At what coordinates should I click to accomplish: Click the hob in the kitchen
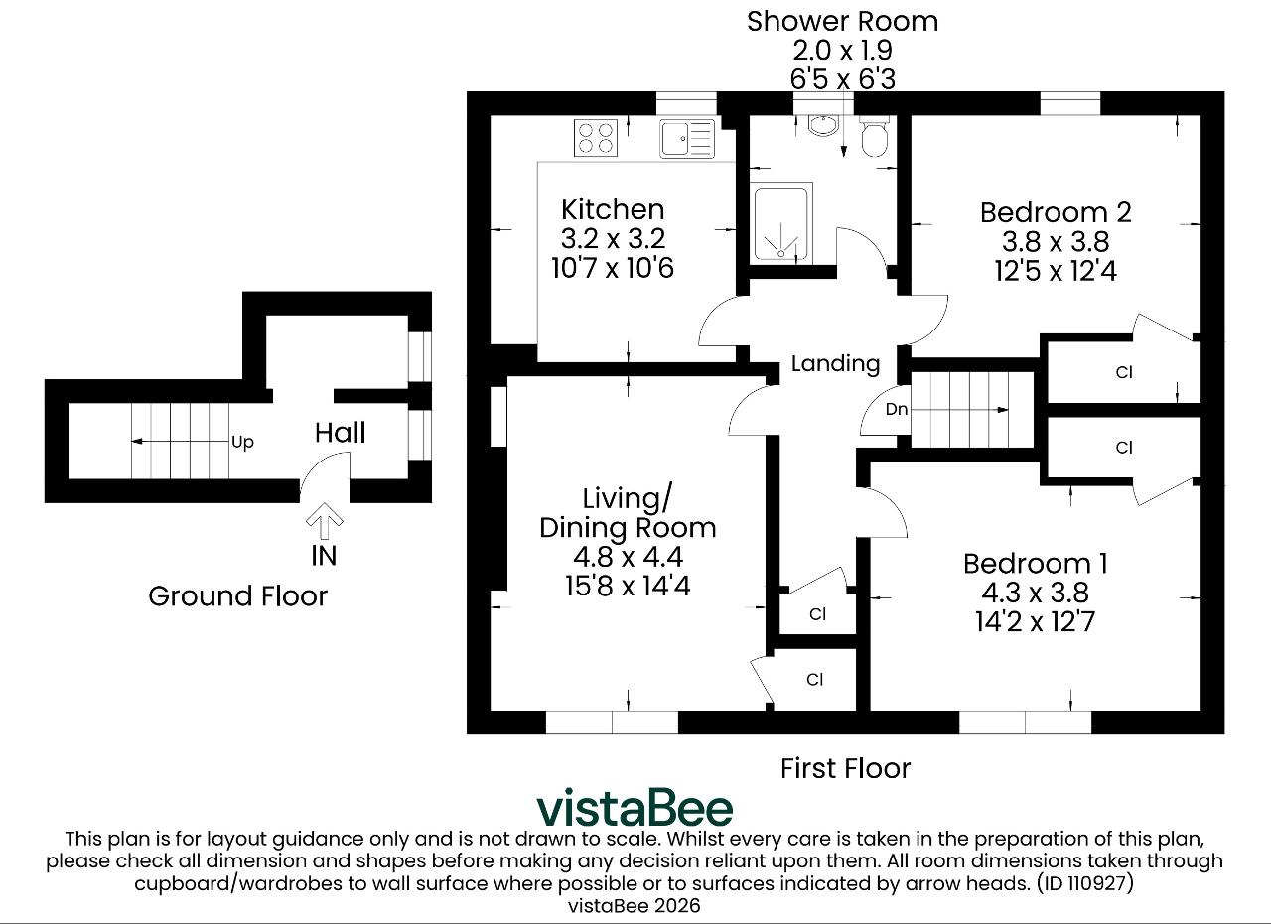(596, 137)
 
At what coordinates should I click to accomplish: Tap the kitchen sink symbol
(687, 138)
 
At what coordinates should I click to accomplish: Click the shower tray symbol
(780, 223)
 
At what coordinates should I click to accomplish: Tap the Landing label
(835, 363)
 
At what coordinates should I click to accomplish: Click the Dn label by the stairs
(897, 408)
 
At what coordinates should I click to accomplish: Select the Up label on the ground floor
(242, 442)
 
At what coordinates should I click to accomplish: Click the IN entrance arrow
(324, 521)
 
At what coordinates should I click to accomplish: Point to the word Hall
(340, 433)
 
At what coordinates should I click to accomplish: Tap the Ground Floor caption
(237, 596)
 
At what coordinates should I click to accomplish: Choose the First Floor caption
(845, 768)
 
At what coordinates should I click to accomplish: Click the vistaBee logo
(635, 807)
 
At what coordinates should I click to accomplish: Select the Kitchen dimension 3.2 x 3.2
(613, 239)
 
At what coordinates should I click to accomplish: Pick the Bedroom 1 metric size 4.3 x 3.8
(1035, 593)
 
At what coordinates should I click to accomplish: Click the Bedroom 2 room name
(1056, 212)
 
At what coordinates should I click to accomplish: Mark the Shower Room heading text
(842, 22)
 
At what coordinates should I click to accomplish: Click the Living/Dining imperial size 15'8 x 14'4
(628, 586)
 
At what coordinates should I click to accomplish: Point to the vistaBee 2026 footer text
(634, 906)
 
